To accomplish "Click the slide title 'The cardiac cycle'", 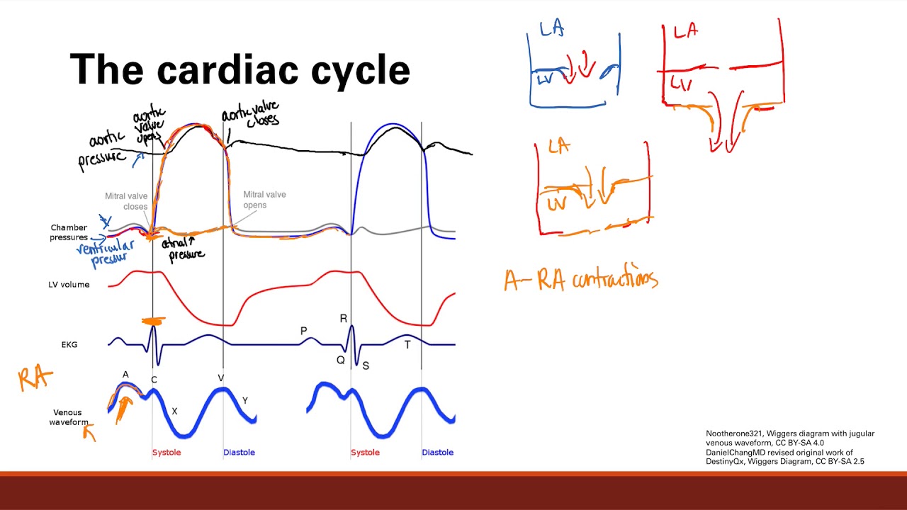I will click(x=240, y=70).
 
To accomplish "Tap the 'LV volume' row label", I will click(x=69, y=285).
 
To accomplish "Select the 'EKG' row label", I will click(x=69, y=344).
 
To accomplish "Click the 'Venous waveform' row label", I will click(x=67, y=417).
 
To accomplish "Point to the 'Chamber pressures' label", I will click(x=69, y=232).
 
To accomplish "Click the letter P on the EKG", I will click(x=304, y=331).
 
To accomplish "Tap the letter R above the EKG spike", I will click(x=344, y=319).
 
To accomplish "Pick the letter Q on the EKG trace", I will click(x=341, y=360).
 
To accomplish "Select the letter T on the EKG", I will click(x=407, y=345).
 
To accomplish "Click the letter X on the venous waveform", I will click(x=175, y=411).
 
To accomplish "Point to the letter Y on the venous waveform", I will click(x=245, y=400).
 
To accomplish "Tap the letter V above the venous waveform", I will click(x=220, y=378).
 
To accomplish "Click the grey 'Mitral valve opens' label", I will click(x=264, y=200).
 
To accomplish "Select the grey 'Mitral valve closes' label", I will click(x=126, y=202).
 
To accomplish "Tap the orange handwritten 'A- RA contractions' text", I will click(x=581, y=280).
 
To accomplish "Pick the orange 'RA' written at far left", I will click(x=35, y=378).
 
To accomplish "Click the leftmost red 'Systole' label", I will click(x=167, y=452).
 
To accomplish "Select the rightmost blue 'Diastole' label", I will click(x=437, y=452).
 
